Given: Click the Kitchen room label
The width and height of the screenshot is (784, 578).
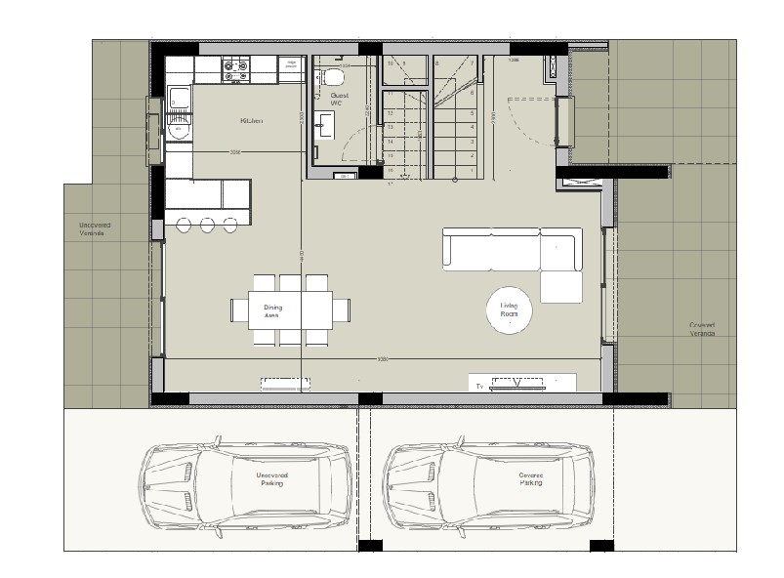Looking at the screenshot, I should [x=251, y=121].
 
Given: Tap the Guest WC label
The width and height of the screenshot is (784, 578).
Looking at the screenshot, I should [x=337, y=98].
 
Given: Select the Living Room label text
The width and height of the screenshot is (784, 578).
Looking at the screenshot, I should [x=509, y=310].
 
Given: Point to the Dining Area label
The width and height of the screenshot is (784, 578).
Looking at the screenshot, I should [x=272, y=311].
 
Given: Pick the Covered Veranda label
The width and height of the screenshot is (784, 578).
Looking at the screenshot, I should [x=701, y=329].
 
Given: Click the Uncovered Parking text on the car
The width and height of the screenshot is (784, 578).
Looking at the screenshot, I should [x=270, y=479].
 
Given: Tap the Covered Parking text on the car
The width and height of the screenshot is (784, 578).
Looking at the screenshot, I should [x=530, y=479].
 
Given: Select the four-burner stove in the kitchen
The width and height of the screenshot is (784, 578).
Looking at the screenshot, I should [x=235, y=68].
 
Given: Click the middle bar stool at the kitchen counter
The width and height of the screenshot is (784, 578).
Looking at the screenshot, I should [x=207, y=226].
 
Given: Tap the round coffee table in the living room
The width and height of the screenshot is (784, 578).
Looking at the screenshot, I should [x=510, y=310].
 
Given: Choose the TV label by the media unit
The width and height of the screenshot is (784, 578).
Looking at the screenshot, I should [x=479, y=387].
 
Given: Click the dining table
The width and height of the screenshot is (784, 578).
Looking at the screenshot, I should [x=290, y=310].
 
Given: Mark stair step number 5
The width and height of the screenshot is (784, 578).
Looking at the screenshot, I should [x=473, y=109].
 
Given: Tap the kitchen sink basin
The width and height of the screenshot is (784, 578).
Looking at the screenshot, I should [x=180, y=97].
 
